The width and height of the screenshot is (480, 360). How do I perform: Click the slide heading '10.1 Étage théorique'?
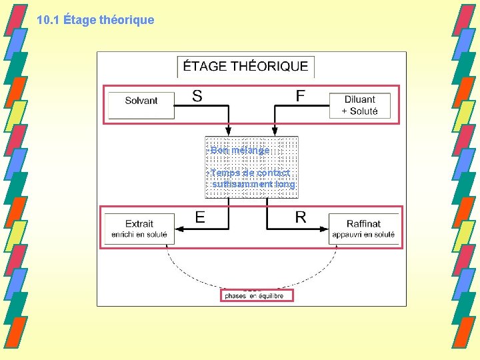(x=95, y=20)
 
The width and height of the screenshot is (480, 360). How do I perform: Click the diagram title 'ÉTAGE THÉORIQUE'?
(x=245, y=67)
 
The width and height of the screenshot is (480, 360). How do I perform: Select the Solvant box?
(x=141, y=101)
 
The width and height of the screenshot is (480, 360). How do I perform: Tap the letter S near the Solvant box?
(x=197, y=96)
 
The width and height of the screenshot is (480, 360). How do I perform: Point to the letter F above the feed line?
(x=301, y=96)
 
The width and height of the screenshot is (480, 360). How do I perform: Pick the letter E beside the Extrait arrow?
(x=200, y=217)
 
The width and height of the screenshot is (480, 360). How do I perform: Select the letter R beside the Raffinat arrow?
(x=301, y=217)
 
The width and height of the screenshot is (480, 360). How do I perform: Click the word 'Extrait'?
(x=139, y=224)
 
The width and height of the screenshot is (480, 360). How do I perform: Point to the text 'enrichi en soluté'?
(x=139, y=235)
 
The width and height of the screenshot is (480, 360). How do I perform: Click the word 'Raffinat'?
(x=363, y=224)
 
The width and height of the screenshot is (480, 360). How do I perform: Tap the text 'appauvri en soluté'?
(x=363, y=235)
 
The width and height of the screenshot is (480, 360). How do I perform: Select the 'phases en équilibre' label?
(x=254, y=295)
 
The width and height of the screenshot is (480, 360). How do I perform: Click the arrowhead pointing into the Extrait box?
(x=181, y=228)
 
